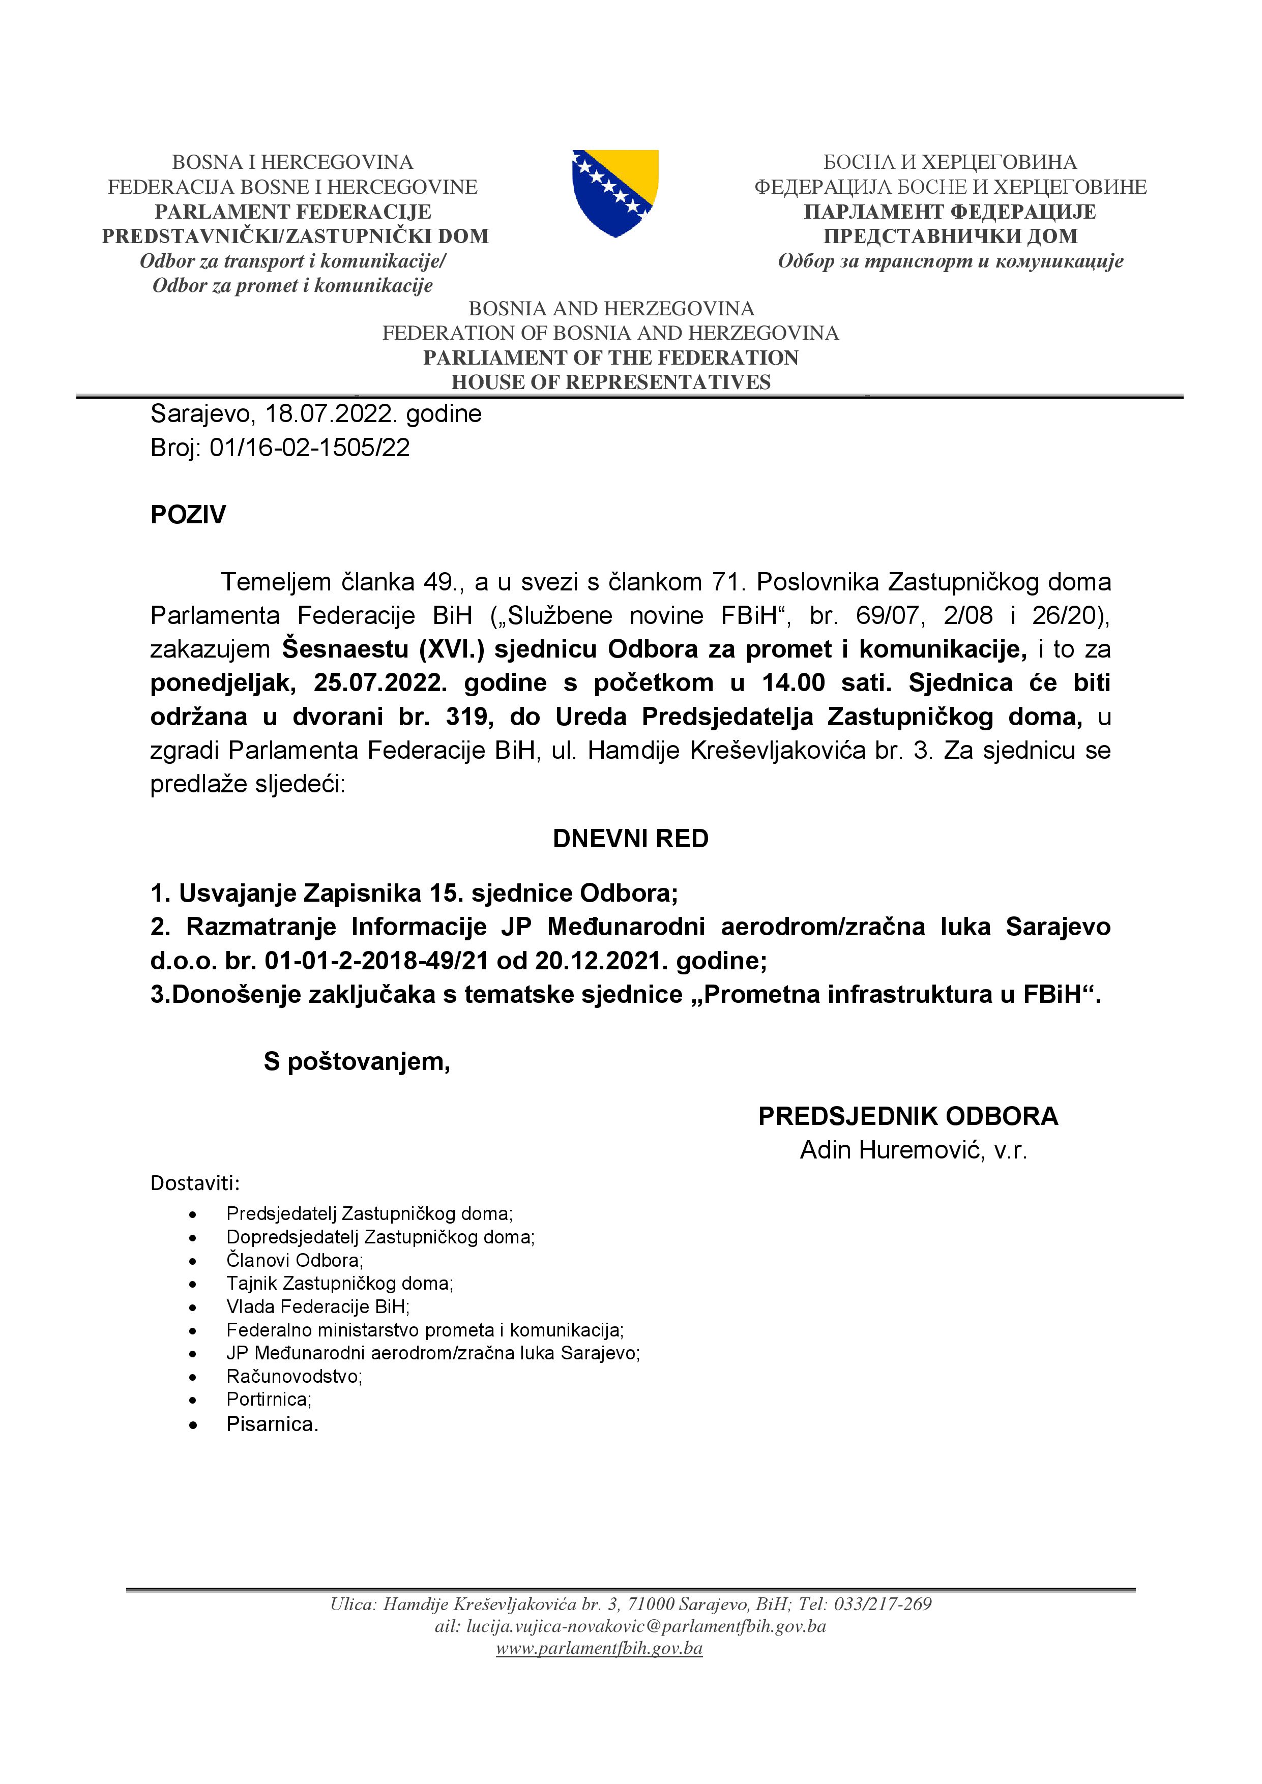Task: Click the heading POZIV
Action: point(188,514)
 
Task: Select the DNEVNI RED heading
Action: point(630,839)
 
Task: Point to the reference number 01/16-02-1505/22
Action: point(309,448)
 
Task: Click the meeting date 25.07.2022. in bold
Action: point(380,683)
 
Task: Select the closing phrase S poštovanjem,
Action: point(357,1061)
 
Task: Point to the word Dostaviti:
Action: point(195,1183)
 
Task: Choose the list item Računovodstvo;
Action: point(294,1376)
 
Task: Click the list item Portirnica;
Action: point(269,1400)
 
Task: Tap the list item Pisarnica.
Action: point(272,1424)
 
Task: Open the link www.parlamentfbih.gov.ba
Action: point(599,1648)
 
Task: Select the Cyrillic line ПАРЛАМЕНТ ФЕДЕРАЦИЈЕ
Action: point(950,212)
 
